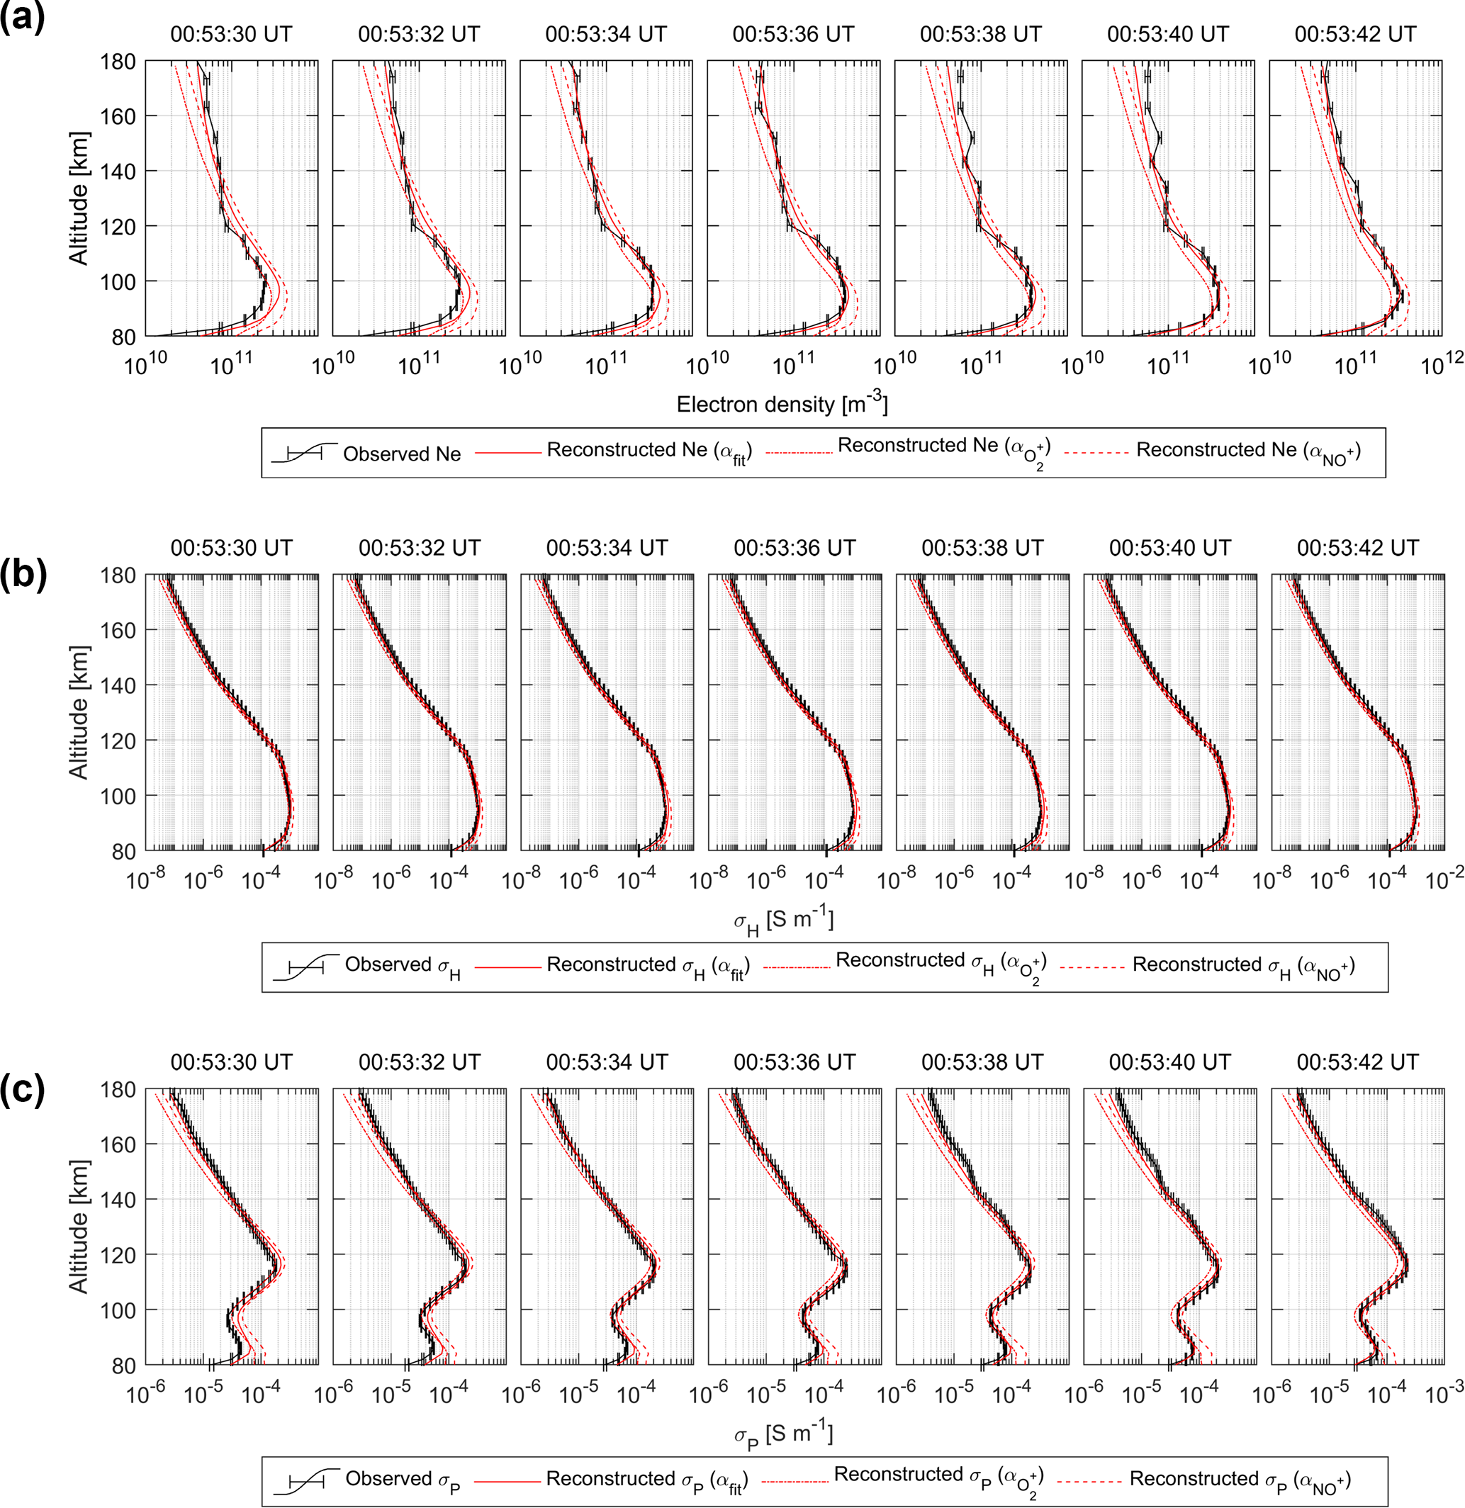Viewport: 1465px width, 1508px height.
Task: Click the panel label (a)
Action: (x=22, y=17)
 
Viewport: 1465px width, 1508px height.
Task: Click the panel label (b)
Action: (x=23, y=575)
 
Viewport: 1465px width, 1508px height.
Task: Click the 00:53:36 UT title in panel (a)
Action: (x=793, y=35)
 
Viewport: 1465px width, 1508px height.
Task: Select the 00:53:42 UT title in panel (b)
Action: (x=1358, y=548)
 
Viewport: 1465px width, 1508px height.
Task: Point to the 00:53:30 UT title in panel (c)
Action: (x=232, y=1062)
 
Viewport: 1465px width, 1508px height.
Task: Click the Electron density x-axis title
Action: (x=782, y=404)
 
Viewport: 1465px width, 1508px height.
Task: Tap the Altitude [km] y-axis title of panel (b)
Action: (x=79, y=712)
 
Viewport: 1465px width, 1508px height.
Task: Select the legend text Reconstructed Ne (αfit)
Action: (x=649, y=451)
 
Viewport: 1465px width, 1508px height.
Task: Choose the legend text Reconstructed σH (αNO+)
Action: (x=1243, y=967)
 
